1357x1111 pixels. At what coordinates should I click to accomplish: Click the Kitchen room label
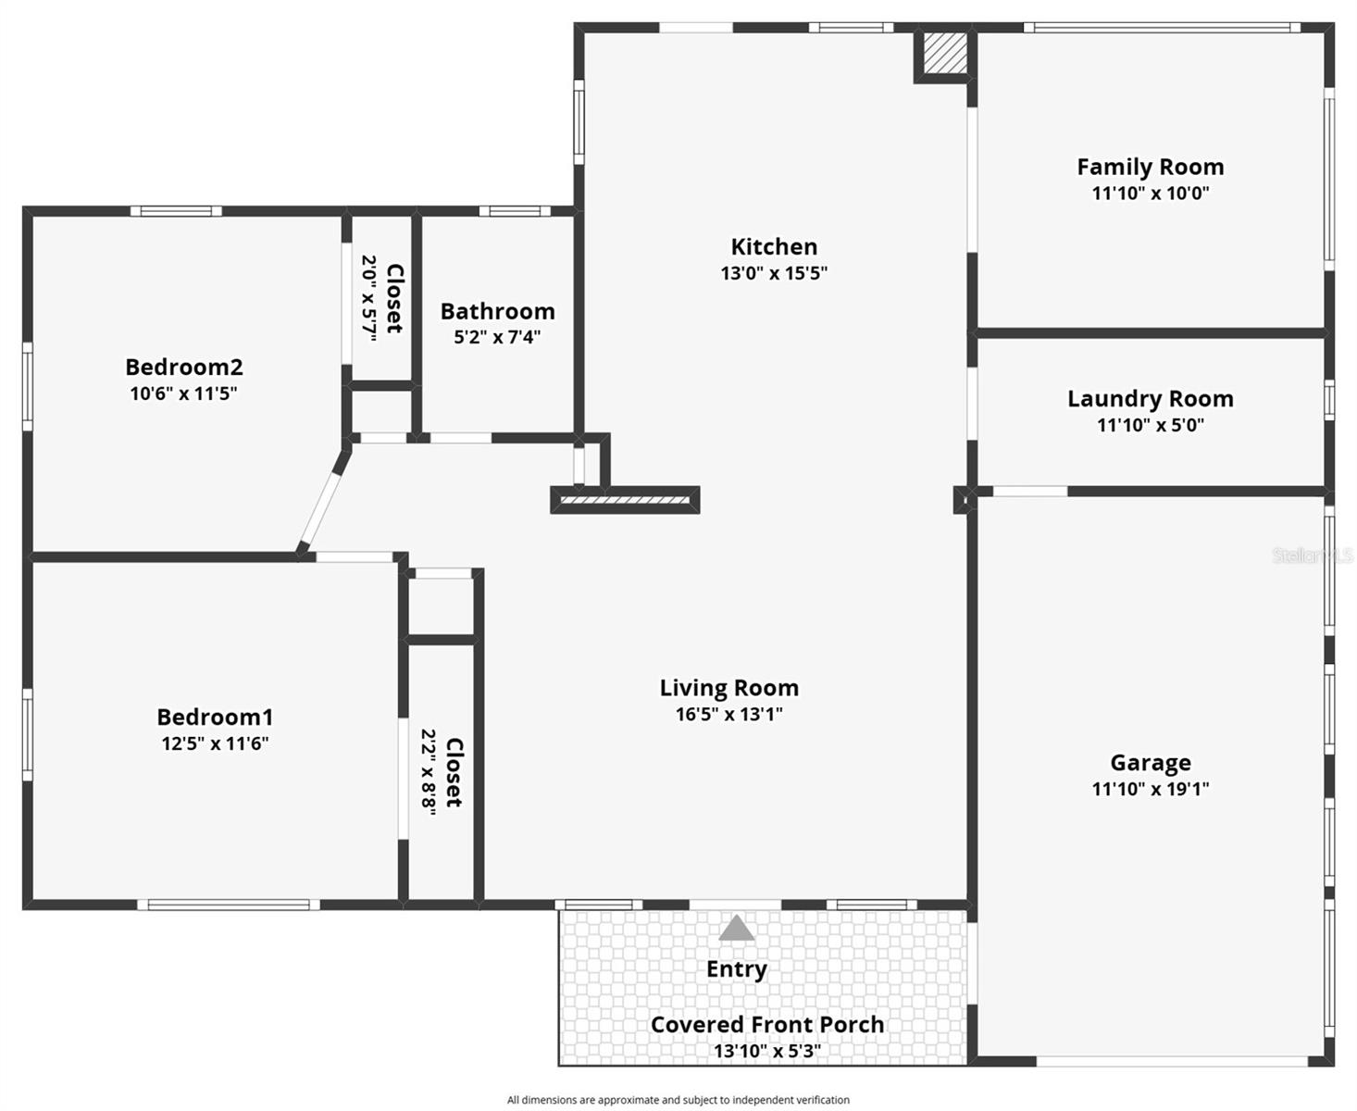(x=774, y=247)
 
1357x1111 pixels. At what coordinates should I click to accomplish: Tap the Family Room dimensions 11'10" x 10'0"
(x=1150, y=193)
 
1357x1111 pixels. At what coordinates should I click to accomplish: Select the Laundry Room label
(x=1150, y=399)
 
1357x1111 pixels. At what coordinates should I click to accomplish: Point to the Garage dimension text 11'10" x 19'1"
(x=1150, y=789)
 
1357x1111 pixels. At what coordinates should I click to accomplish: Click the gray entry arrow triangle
(x=736, y=929)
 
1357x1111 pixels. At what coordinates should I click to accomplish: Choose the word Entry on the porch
(x=736, y=969)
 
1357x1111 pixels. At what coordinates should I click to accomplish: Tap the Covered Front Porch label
(x=766, y=1025)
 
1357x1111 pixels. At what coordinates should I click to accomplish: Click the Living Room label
(x=728, y=688)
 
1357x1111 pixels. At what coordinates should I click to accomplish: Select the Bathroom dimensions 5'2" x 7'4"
(x=497, y=337)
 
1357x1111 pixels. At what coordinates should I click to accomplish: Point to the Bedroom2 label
(x=183, y=368)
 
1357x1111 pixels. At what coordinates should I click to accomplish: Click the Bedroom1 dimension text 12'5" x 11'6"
(x=215, y=743)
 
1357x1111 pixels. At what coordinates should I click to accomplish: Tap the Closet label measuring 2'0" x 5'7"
(x=394, y=298)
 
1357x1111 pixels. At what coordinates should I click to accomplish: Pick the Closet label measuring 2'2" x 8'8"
(x=454, y=772)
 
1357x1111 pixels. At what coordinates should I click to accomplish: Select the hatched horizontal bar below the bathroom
(x=626, y=501)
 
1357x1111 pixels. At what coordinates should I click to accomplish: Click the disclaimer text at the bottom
(x=678, y=1100)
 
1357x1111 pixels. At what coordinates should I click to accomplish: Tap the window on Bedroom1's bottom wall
(x=229, y=905)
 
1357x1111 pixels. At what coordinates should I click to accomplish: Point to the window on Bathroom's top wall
(x=515, y=211)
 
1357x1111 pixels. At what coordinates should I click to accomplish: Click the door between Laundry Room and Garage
(x=1029, y=492)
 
